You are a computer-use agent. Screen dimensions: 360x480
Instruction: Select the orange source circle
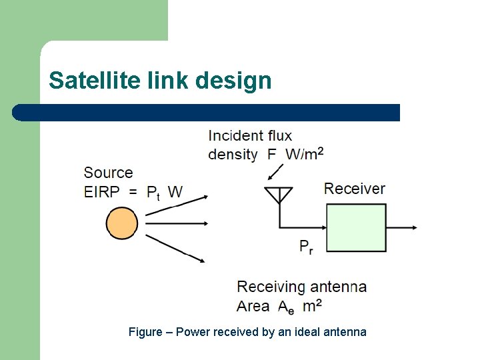click(x=122, y=223)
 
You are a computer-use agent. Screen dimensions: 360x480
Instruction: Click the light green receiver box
click(x=356, y=227)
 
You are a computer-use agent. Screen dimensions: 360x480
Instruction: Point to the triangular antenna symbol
click(x=279, y=195)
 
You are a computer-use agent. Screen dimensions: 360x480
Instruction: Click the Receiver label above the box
click(x=355, y=189)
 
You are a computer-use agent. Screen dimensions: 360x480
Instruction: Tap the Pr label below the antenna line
click(x=306, y=247)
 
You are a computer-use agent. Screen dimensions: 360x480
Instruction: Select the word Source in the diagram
click(x=108, y=173)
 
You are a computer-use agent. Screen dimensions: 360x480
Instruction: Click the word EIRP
click(x=102, y=193)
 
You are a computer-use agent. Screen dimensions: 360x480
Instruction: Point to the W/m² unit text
click(x=305, y=154)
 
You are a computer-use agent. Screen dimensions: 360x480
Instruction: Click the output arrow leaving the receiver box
click(x=403, y=227)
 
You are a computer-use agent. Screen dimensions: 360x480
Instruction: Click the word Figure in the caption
click(x=145, y=332)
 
